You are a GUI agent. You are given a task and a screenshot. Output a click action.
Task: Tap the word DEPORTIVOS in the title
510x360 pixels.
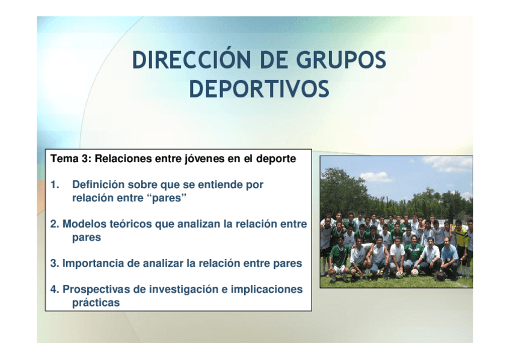coord(259,89)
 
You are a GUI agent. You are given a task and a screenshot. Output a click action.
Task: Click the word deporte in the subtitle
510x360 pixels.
coord(276,159)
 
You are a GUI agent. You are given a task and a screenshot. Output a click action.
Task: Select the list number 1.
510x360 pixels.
coord(55,185)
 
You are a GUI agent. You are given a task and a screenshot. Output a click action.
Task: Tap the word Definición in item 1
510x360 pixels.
coord(98,185)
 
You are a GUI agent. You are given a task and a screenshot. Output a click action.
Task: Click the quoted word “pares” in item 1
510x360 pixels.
coord(169,198)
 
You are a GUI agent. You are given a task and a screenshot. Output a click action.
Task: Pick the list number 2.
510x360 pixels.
coord(55,224)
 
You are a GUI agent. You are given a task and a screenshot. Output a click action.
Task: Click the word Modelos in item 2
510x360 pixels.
coord(85,224)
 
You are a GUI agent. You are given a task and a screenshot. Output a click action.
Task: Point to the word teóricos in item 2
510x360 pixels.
coord(131,224)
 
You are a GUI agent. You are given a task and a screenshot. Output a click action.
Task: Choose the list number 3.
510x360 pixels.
coord(55,263)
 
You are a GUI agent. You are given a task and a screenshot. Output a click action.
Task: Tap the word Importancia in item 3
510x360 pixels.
coord(93,263)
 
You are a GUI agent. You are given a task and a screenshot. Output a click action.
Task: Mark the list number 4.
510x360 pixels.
coord(55,289)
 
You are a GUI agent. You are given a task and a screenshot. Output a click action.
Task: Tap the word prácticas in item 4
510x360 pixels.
coord(96,302)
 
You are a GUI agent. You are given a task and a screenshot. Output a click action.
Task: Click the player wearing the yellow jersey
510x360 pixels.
coord(461,242)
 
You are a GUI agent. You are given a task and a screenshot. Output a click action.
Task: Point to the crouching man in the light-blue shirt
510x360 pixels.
coord(449,257)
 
